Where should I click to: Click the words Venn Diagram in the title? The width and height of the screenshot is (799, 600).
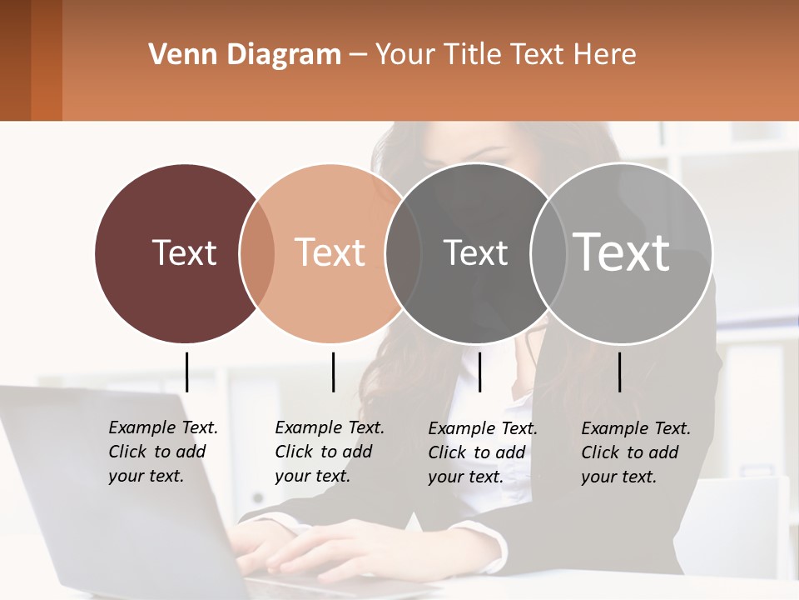point(245,55)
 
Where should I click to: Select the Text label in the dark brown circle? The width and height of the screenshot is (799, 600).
point(184,252)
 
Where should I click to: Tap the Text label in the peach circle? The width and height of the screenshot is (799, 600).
point(330,252)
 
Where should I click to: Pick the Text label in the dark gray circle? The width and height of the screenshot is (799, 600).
point(475,252)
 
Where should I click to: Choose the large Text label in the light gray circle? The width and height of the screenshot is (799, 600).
point(622,252)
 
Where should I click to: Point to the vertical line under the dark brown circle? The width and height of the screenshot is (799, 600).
point(186,372)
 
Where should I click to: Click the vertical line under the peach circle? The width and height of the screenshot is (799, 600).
point(333,372)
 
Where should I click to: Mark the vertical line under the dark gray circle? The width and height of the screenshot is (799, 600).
point(479,372)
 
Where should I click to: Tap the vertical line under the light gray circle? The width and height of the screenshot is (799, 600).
point(619,372)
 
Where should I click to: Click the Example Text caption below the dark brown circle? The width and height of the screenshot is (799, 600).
point(163,452)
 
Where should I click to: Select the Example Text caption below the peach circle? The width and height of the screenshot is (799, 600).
point(330,452)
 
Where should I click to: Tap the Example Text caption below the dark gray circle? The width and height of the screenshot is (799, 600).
point(483,452)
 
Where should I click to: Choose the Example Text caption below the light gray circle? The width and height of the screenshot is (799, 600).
point(636,452)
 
